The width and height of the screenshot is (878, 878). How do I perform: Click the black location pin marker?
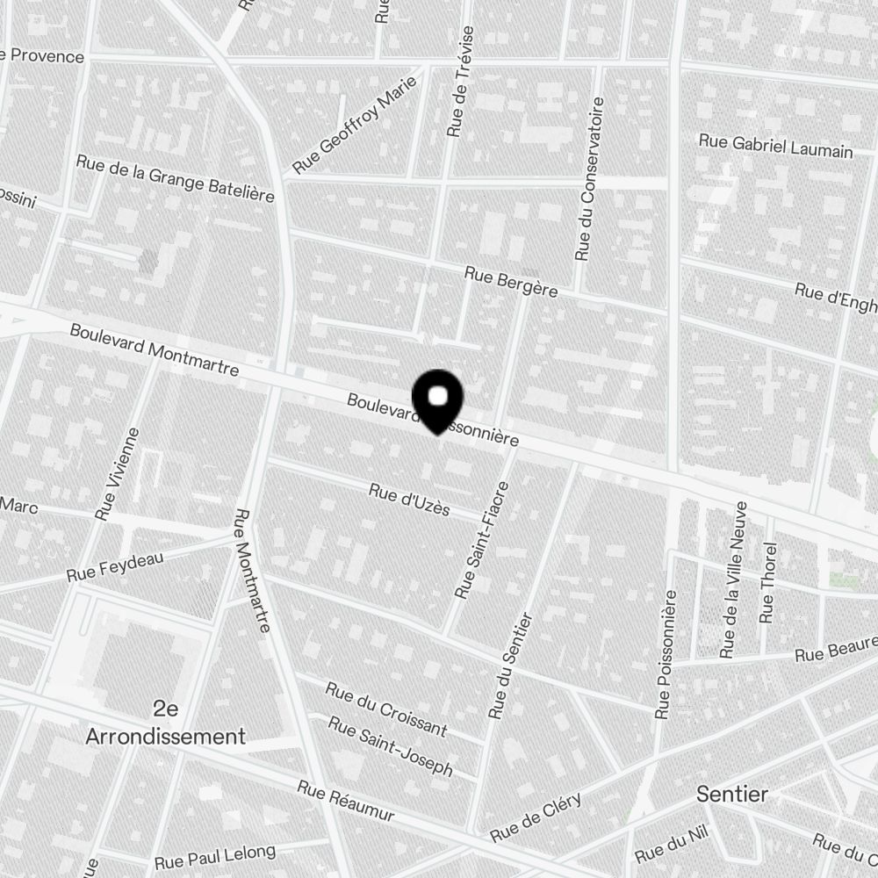coord(438,399)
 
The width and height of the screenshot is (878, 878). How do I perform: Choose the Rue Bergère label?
coord(510,282)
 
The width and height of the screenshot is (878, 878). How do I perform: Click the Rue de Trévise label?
coord(460,81)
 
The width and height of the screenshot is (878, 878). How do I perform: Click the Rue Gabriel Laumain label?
coord(775,146)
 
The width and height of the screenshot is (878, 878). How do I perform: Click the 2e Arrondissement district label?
coord(165,723)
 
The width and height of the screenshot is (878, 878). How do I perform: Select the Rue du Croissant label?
coord(386,709)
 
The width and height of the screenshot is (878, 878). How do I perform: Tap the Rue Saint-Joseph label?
coord(391,746)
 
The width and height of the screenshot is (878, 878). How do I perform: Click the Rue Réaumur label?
coord(345,802)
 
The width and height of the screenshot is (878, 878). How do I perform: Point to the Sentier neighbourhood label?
coord(732,795)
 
